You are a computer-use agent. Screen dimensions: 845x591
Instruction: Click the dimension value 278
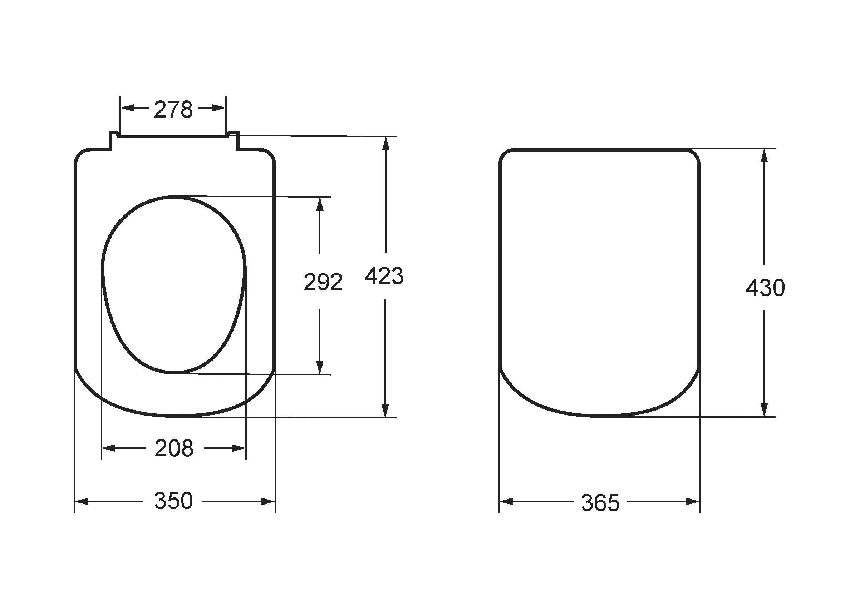tap(173, 109)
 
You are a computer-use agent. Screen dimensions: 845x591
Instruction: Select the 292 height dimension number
tap(323, 282)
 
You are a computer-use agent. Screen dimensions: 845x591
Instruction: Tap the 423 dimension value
tap(384, 276)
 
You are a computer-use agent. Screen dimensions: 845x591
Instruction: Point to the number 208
tap(174, 448)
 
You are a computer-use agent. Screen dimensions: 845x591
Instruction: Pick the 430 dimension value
tap(766, 288)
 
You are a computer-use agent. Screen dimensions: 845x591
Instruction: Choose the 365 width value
tap(601, 503)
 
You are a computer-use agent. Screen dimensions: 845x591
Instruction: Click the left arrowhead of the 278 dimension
tap(127, 108)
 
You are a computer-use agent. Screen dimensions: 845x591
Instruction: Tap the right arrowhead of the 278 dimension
tap(219, 108)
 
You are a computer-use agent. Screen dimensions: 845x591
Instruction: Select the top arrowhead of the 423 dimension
tap(386, 143)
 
